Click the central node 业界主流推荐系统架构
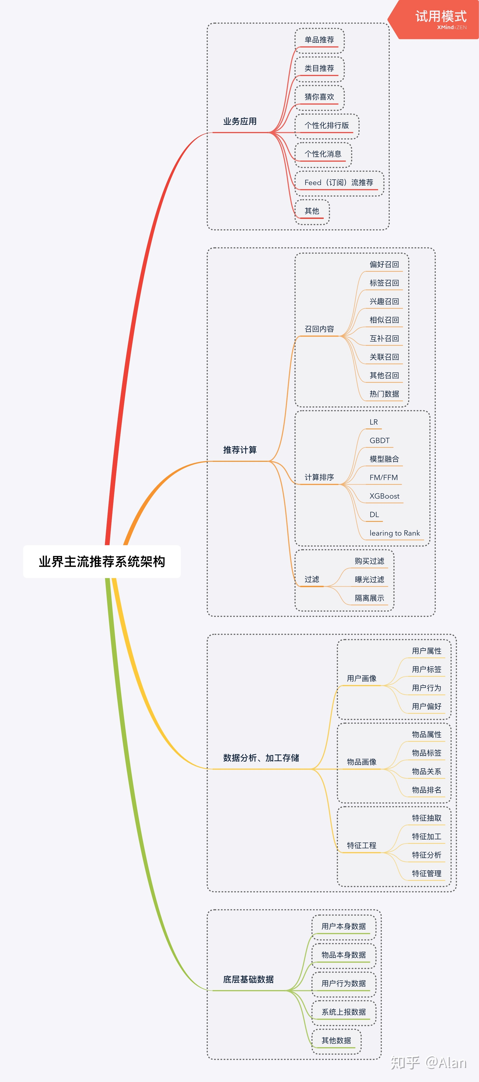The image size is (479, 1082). (102, 561)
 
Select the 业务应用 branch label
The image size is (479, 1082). (240, 121)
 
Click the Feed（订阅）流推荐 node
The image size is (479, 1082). (339, 183)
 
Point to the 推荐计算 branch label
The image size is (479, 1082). (240, 450)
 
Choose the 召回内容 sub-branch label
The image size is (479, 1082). (319, 329)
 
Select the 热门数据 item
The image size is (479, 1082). (384, 394)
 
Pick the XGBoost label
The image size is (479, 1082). (384, 496)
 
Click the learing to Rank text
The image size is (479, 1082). (394, 533)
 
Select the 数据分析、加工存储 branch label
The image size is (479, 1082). (261, 758)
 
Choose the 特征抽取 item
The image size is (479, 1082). (426, 818)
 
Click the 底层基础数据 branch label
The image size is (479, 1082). (248, 979)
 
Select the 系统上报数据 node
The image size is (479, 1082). (343, 1012)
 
